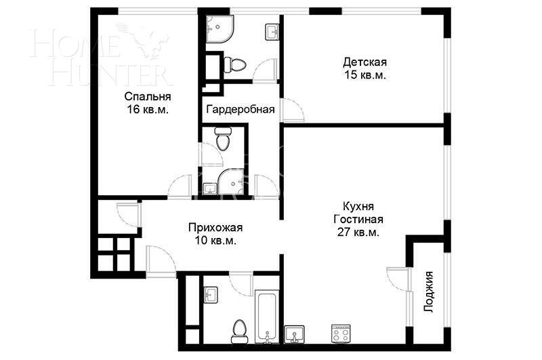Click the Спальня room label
[146, 96]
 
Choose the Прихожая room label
[215, 228]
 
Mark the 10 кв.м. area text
[215, 241]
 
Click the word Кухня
[358, 206]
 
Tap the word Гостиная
[358, 219]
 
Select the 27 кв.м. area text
[358, 232]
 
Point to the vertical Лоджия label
[428, 291]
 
